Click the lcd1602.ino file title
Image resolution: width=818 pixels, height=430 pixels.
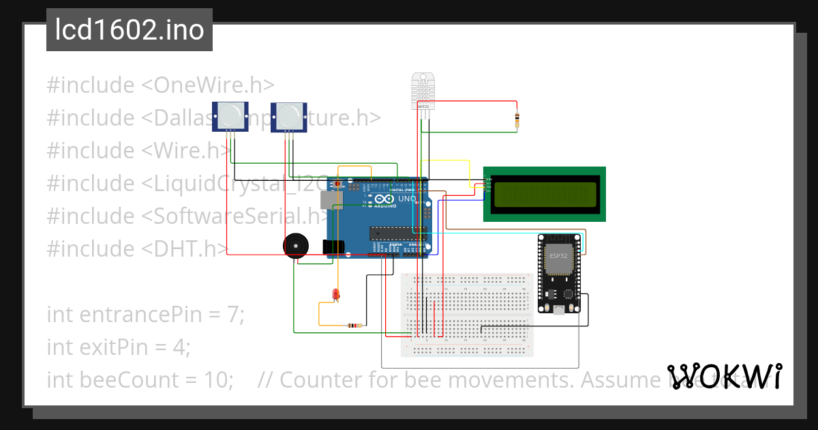point(129,30)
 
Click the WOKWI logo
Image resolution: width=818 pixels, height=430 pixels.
point(723,376)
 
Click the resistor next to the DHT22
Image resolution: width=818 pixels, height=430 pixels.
point(517,121)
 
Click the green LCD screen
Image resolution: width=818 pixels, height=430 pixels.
point(544,194)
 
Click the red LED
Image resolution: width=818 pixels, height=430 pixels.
point(335,294)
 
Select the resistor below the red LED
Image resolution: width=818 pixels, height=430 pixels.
point(354,326)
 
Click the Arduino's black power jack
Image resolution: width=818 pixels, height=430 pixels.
point(332,247)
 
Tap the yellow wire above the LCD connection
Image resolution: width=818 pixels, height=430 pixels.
point(445,161)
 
